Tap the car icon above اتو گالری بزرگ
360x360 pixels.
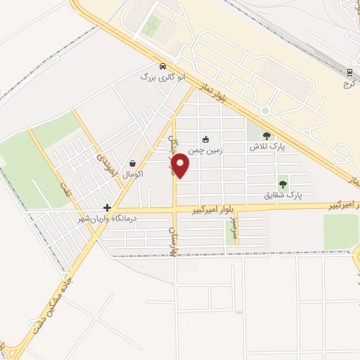click(x=162, y=65)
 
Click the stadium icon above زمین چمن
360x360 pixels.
click(x=205, y=139)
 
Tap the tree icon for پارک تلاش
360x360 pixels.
click(x=266, y=136)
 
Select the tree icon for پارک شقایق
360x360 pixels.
click(x=283, y=184)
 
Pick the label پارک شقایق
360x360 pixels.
click(x=283, y=194)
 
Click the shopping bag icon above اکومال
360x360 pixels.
click(x=133, y=163)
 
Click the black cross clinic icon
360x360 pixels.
click(x=107, y=207)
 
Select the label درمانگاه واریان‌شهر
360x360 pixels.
click(x=108, y=219)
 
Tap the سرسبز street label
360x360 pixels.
click(x=235, y=229)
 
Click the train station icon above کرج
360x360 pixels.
click(x=350, y=72)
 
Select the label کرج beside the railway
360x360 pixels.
click(x=347, y=83)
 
